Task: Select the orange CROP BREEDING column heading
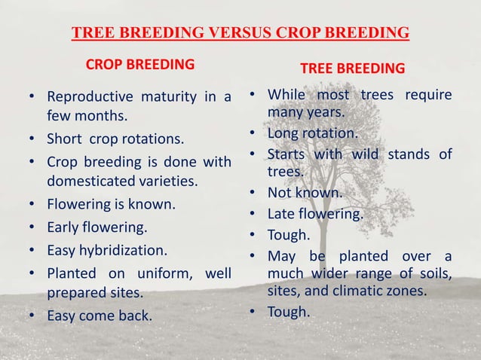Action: click(x=139, y=65)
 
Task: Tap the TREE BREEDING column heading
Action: click(x=352, y=69)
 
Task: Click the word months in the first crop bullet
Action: click(x=101, y=117)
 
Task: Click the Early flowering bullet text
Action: click(x=97, y=226)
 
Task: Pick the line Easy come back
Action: click(x=99, y=315)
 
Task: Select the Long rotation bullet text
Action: click(x=312, y=133)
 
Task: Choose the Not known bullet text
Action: click(x=305, y=193)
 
